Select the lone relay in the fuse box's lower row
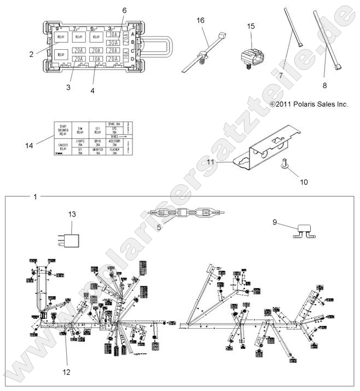tap(60, 54)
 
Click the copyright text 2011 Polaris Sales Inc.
tap(309, 103)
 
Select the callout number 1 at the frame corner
tap(34, 196)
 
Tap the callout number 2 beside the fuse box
tap(32, 54)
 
